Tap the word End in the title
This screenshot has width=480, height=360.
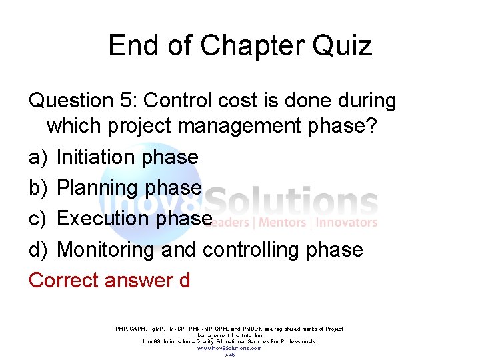[131, 46]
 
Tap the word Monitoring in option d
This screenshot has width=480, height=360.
[107, 250]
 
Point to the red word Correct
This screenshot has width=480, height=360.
[63, 281]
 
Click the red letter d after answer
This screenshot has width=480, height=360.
[184, 281]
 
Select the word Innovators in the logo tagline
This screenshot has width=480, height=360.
[347, 223]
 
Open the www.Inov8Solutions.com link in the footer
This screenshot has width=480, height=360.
[229, 348]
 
